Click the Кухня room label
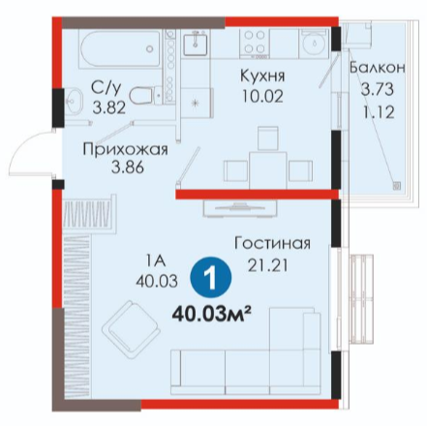coord(262,76)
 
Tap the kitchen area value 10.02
coord(262,96)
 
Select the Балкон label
coord(378,68)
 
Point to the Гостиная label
coord(272,244)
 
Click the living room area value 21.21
coord(267,265)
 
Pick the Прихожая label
coord(126,150)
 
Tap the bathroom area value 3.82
coord(108,107)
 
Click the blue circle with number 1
coord(211,277)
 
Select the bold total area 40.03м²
coord(212,315)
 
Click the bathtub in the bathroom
coord(120,48)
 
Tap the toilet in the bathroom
coord(145,95)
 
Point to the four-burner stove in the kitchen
coord(255,43)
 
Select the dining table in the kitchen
coord(268,170)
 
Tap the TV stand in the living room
coord(240,208)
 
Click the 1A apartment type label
coord(156,260)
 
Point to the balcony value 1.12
coord(379,112)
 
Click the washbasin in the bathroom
coord(73,101)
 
